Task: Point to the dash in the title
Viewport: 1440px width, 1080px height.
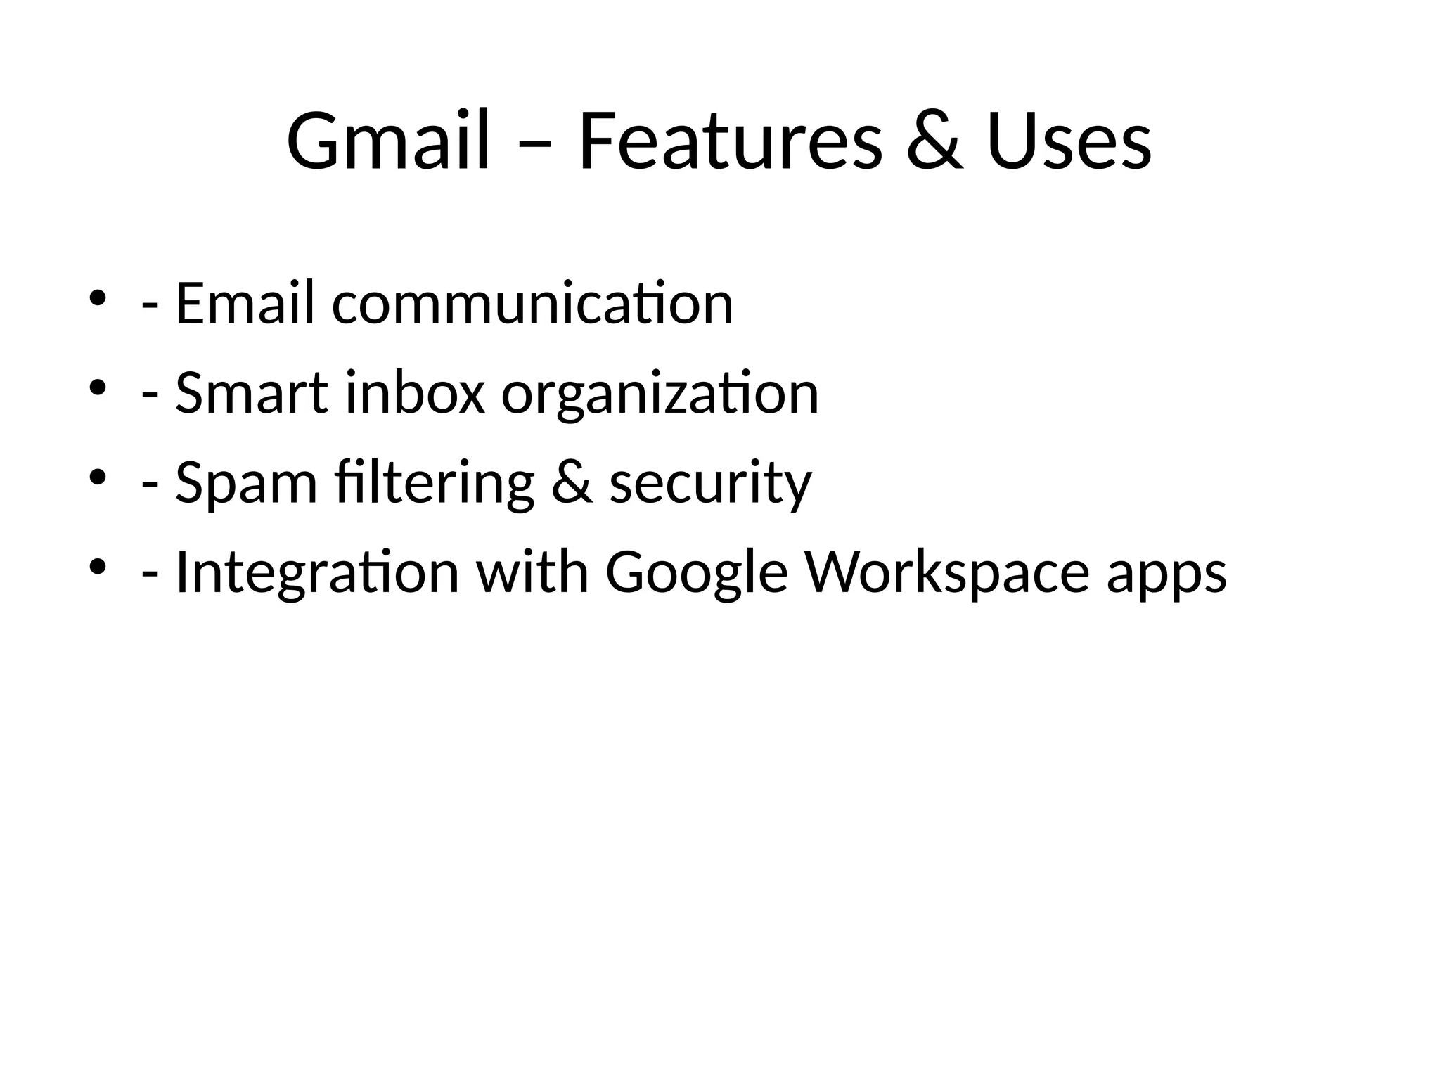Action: pos(533,146)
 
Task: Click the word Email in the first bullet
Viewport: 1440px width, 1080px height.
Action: pos(244,303)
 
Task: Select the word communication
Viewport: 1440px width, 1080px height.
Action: pos(532,304)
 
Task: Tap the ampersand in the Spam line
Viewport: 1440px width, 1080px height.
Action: pos(571,483)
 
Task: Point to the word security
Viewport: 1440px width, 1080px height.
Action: pos(710,485)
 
